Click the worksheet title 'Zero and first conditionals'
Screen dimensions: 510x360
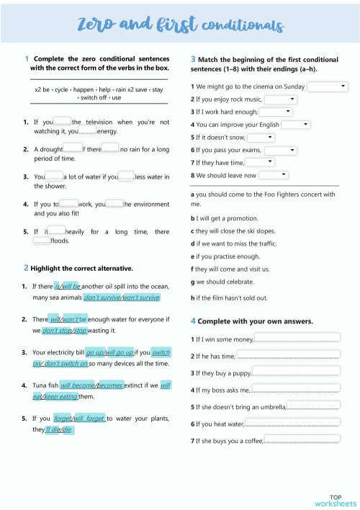point(179,26)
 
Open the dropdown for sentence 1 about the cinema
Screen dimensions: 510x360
point(328,86)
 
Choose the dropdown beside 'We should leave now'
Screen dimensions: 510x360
point(274,175)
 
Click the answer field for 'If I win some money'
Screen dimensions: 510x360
point(297,337)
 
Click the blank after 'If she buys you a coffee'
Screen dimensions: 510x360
point(302,440)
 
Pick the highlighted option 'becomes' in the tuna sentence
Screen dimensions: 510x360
point(109,385)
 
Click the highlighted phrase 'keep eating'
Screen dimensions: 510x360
point(61,396)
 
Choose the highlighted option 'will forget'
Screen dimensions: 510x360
point(90,418)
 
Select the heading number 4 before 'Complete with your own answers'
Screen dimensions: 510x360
point(193,321)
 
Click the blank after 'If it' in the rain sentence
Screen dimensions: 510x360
point(57,231)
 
